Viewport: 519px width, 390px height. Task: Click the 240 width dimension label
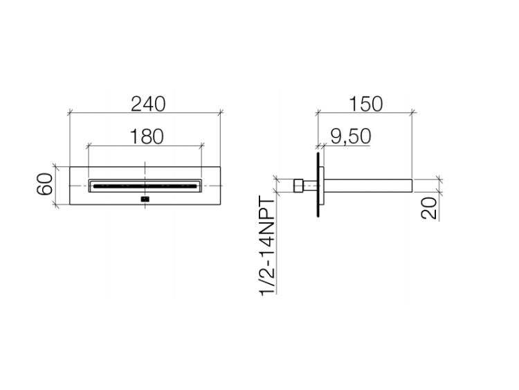148,104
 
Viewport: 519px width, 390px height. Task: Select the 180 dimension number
147,136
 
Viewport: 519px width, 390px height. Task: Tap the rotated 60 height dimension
45,184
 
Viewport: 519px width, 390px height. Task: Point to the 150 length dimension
366,104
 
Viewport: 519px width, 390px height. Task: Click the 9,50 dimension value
351,136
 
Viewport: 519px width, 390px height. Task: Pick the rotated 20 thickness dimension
429,208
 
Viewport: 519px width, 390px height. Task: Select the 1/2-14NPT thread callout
267,245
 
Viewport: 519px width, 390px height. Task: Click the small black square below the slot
145,199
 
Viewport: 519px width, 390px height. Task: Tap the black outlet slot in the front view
145,186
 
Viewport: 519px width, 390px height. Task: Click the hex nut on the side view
298,186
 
